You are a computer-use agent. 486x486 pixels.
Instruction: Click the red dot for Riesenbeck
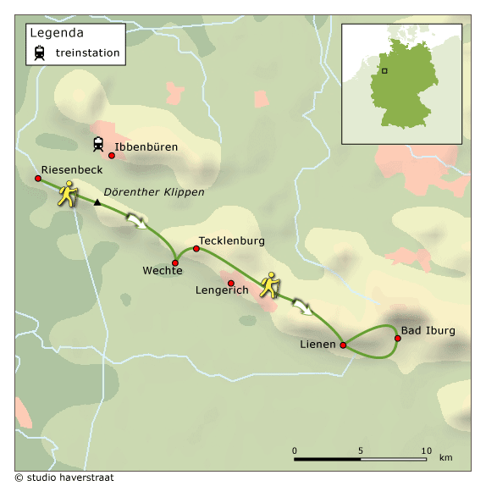click(x=38, y=179)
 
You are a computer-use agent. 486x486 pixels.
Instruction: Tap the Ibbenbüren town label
click(x=146, y=146)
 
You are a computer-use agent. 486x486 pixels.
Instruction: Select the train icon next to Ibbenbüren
click(x=98, y=144)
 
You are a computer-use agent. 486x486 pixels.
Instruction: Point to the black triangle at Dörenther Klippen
click(x=97, y=202)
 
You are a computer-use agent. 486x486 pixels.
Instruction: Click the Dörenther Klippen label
click(x=155, y=193)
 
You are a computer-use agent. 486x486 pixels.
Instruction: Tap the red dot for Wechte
click(x=175, y=262)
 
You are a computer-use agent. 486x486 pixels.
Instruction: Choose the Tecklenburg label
click(x=231, y=240)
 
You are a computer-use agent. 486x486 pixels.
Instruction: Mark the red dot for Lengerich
click(x=230, y=283)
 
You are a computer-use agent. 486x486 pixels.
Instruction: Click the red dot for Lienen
click(x=343, y=345)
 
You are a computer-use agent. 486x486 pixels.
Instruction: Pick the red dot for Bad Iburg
click(x=397, y=339)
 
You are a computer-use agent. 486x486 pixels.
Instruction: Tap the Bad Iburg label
click(x=428, y=330)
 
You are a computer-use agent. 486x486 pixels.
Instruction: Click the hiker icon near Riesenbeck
click(x=68, y=195)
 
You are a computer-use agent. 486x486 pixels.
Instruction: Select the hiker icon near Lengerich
click(x=270, y=284)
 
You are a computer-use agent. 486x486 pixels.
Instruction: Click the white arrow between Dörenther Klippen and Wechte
click(x=136, y=221)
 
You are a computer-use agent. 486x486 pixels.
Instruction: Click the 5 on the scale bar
click(x=360, y=450)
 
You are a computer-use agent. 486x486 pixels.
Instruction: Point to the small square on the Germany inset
click(x=384, y=71)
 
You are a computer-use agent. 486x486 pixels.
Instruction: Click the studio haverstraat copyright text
click(x=64, y=478)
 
